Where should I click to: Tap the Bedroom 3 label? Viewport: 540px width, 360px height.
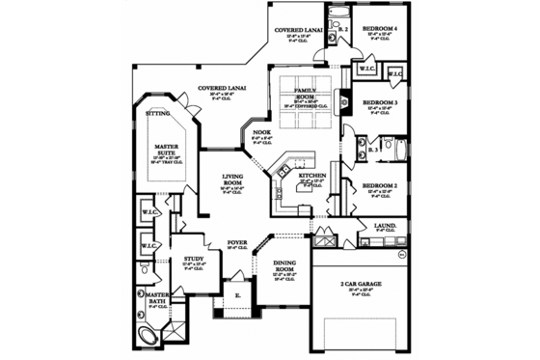point(380,102)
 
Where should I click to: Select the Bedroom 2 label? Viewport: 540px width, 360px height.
point(380,184)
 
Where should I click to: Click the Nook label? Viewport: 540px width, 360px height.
point(261,132)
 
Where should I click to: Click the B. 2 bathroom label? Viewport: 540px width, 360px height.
point(343,30)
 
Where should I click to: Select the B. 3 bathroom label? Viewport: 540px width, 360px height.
point(373,150)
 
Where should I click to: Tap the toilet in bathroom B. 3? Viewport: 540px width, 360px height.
point(398,149)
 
